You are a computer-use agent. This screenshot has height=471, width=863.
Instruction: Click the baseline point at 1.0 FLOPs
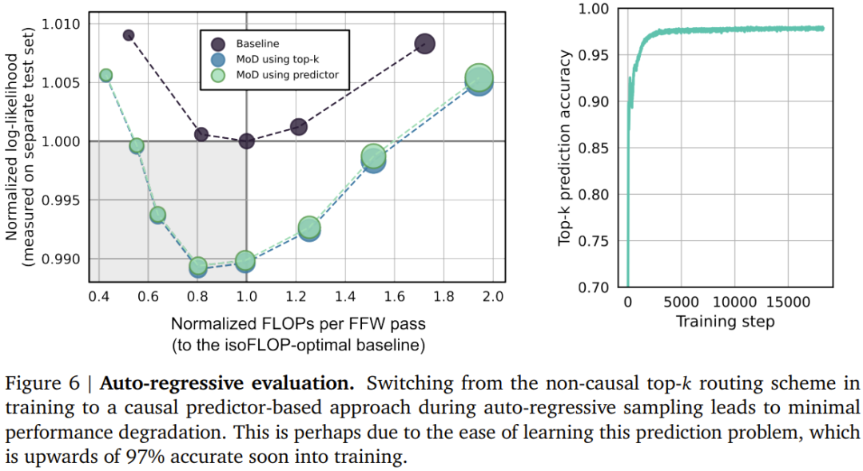click(x=246, y=141)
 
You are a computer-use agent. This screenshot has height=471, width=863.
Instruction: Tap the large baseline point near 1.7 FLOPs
click(x=424, y=44)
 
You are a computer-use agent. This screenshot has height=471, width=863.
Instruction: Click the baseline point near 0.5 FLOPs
click(x=129, y=35)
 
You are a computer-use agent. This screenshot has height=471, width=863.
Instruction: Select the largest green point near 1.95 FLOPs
click(x=478, y=77)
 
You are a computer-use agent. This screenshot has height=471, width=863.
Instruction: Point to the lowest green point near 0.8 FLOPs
click(x=198, y=266)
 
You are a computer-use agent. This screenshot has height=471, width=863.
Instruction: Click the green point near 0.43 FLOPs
click(x=105, y=76)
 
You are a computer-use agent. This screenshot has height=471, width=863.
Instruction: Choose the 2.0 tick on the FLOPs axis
click(x=492, y=297)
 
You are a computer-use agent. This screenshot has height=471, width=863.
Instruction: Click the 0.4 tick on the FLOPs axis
click(x=99, y=297)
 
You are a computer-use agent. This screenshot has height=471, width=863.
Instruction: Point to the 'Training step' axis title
click(x=725, y=322)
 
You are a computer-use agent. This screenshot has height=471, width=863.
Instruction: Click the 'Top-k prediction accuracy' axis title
click(x=566, y=148)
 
